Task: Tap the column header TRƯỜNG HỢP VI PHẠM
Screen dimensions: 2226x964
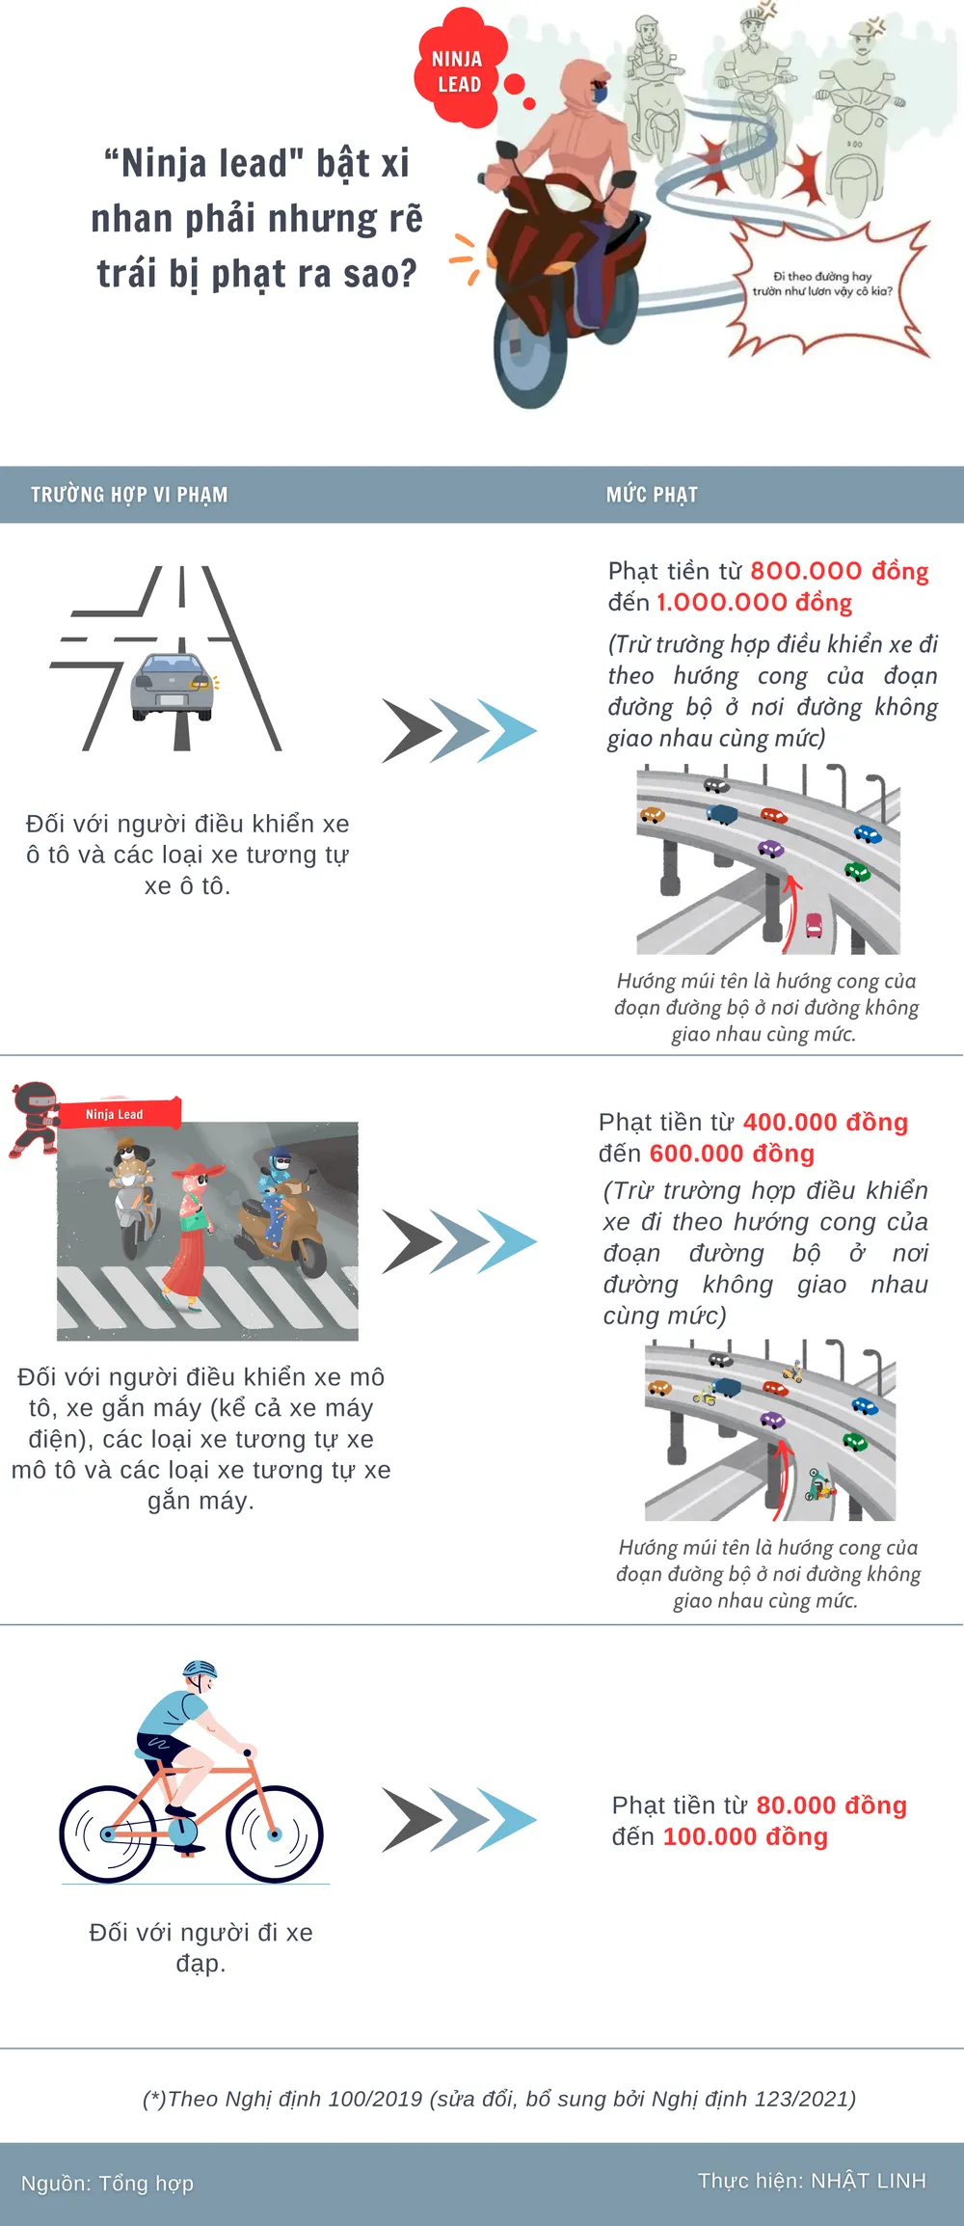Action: click(129, 495)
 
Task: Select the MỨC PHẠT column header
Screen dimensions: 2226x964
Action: click(652, 495)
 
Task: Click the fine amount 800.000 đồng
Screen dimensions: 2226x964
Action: click(839, 571)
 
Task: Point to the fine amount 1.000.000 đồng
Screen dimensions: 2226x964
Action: click(754, 603)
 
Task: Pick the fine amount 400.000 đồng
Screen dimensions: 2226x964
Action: click(825, 1123)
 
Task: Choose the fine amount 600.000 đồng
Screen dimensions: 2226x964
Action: click(732, 1154)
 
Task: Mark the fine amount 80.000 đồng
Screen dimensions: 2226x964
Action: click(831, 1805)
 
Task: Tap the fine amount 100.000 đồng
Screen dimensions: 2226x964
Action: click(745, 1836)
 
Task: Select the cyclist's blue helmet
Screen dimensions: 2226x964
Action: click(200, 1669)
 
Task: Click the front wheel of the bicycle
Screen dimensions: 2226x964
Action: click(275, 1833)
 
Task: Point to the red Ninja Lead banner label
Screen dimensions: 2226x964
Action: click(118, 1114)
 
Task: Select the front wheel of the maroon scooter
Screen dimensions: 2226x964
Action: click(530, 362)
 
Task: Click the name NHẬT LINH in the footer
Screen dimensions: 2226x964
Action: click(868, 2181)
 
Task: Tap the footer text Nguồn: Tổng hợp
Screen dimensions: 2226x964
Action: click(107, 2183)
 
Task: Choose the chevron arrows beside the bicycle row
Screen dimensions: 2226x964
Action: click(459, 1820)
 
